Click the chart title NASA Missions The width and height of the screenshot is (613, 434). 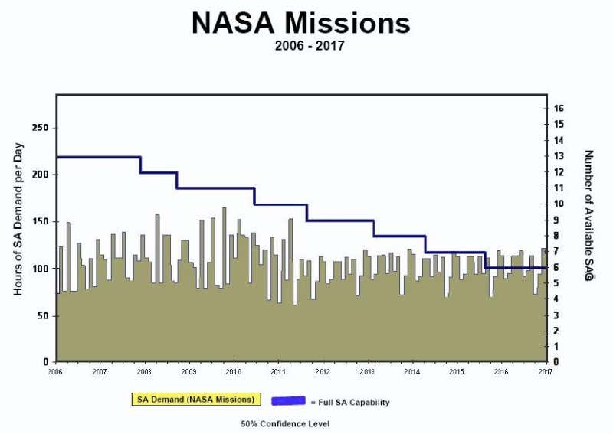[301, 22]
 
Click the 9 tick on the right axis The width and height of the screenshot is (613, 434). [561, 220]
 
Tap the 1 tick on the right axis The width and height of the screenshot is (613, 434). [561, 347]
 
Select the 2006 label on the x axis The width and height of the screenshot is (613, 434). [55, 371]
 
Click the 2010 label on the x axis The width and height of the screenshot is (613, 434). [234, 371]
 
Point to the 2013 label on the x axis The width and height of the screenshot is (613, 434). [367, 371]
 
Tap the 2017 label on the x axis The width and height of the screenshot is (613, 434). [546, 371]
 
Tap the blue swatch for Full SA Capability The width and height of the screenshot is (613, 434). [290, 400]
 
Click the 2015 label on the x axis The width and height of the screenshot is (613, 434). [457, 371]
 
